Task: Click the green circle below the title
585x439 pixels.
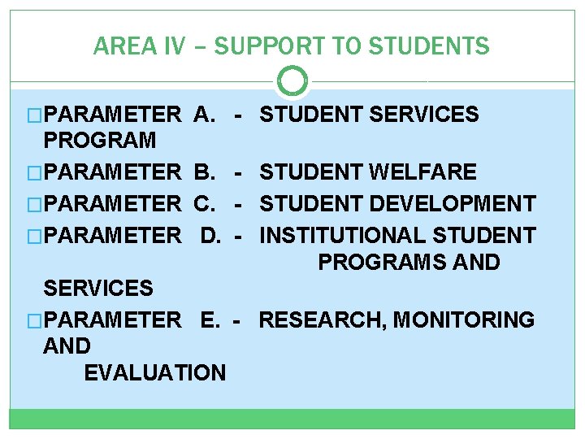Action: point(292,81)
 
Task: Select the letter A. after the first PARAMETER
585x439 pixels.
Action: point(204,115)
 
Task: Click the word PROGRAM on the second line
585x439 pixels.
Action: point(99,140)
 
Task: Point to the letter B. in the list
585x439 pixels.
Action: point(204,172)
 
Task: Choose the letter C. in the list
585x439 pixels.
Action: point(204,203)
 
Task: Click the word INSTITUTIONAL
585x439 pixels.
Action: point(343,236)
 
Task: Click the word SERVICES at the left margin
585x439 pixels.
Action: point(97,288)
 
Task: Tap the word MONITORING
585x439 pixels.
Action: point(464,319)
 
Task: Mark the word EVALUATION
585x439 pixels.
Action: point(154,373)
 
